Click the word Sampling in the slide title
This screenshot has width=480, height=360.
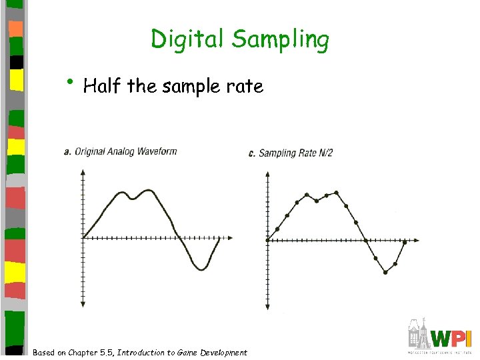pos(280,41)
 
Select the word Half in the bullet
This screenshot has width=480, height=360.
pos(103,86)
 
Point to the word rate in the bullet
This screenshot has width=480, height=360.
pos(246,87)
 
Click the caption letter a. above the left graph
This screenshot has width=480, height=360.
pos(67,151)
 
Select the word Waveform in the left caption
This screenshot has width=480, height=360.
pos(157,151)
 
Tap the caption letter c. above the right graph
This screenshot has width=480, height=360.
pos(251,153)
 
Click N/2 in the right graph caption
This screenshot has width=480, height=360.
pos(323,153)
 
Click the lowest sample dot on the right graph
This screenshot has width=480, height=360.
pos(385,271)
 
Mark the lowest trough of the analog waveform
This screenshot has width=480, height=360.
pos(201,269)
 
